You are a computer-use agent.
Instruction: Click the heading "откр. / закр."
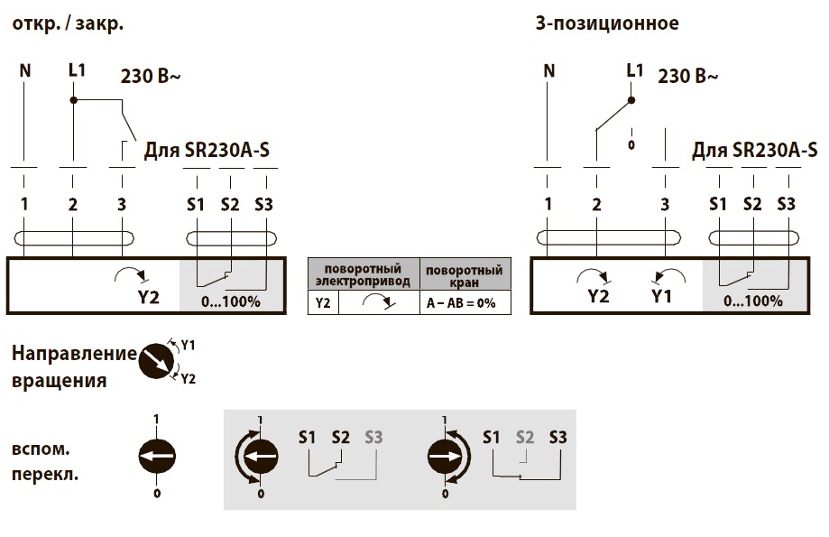pyautogui.click(x=68, y=23)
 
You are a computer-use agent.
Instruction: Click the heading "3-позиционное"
pyautogui.click(x=606, y=23)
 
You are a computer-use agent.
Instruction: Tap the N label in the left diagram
pyautogui.click(x=25, y=69)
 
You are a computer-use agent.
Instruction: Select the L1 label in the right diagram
pyautogui.click(x=635, y=69)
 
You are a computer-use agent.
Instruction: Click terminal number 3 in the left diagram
pyautogui.click(x=122, y=204)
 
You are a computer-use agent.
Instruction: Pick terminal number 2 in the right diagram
pyautogui.click(x=596, y=204)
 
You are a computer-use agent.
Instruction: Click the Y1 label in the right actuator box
pyautogui.click(x=662, y=296)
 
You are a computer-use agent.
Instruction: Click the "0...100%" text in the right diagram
pyautogui.click(x=752, y=301)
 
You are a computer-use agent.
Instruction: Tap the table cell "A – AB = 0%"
pyautogui.click(x=461, y=303)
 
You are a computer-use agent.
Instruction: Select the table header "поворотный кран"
pyautogui.click(x=464, y=275)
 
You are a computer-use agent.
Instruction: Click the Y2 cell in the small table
pyautogui.click(x=322, y=303)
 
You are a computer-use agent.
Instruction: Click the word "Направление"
pyautogui.click(x=74, y=355)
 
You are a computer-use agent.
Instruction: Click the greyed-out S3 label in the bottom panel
pyautogui.click(x=373, y=438)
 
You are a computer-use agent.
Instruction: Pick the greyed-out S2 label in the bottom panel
pyautogui.click(x=525, y=438)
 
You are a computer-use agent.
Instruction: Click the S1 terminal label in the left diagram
pyautogui.click(x=196, y=204)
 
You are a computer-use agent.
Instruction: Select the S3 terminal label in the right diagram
pyautogui.click(x=787, y=204)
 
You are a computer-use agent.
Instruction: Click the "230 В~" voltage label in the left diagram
pyautogui.click(x=151, y=77)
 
